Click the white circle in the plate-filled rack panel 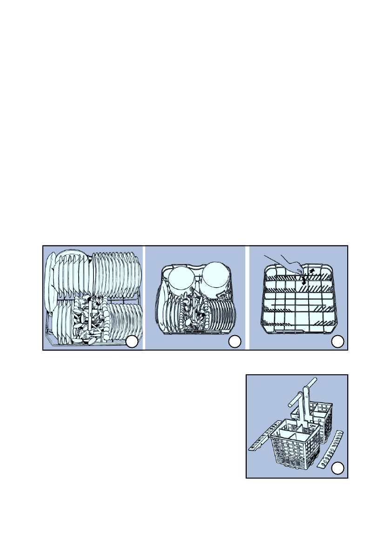click(132, 342)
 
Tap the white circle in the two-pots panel click(235, 342)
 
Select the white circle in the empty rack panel click(338, 342)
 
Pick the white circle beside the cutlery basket click(339, 467)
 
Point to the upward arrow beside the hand click(312, 270)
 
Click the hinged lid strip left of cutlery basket click(261, 439)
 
